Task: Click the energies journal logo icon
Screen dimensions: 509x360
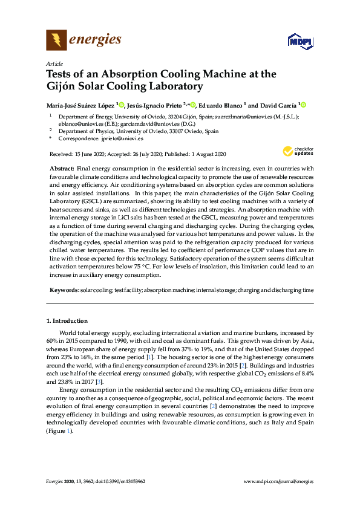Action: point(57,41)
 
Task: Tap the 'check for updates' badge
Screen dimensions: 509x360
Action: point(295,151)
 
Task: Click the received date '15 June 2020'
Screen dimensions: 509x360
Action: point(85,154)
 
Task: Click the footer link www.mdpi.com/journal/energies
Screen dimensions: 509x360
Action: point(278,481)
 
